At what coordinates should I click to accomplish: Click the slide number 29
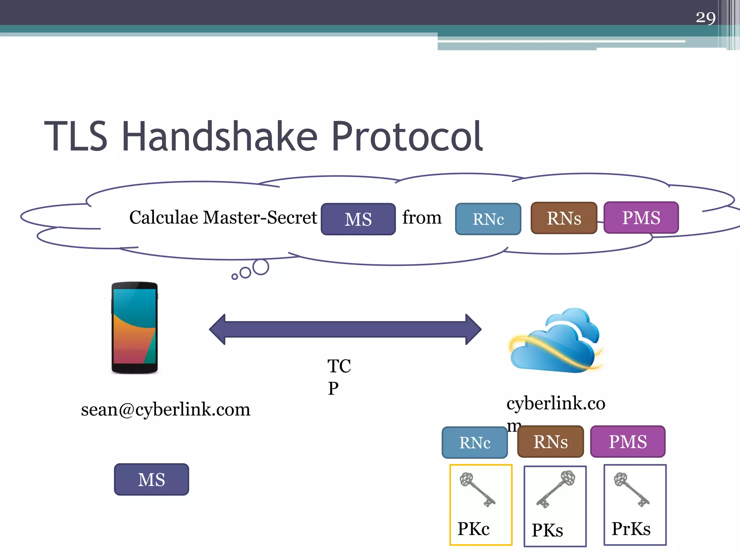(705, 17)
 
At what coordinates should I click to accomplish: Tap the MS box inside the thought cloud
(358, 219)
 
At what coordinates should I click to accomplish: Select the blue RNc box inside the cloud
(488, 219)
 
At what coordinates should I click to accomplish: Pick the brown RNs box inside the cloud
(564, 218)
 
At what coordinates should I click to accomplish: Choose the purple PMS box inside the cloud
(641, 218)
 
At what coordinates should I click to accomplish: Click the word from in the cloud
(422, 218)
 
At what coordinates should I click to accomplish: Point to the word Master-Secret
(260, 218)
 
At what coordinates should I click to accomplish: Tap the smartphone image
(135, 327)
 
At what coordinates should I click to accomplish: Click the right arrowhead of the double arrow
(473, 329)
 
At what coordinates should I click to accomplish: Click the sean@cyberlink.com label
(165, 410)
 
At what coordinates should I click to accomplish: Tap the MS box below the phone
(151, 479)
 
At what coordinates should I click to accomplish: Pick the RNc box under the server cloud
(474, 443)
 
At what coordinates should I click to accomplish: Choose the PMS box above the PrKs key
(628, 442)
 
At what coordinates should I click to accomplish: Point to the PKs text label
(547, 530)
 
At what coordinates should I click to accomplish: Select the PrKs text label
(631, 529)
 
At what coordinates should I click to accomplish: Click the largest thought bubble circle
(261, 267)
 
